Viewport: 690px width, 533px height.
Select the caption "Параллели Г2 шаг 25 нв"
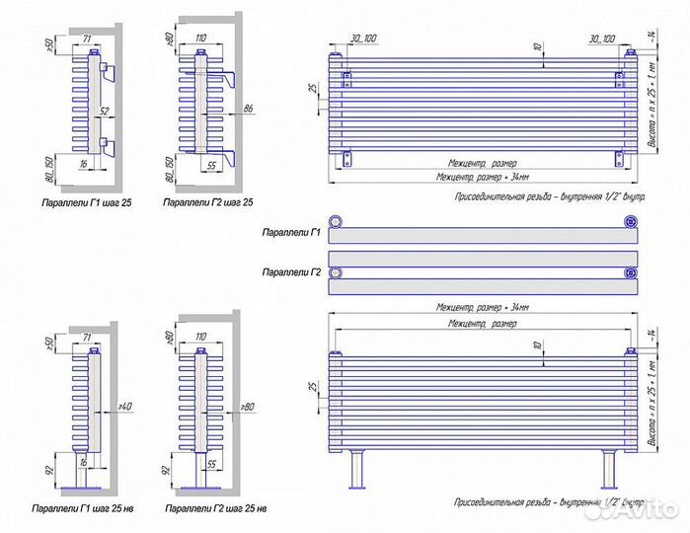(x=215, y=508)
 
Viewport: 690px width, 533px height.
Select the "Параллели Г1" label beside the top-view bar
(x=289, y=233)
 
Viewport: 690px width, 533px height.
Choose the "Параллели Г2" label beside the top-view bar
(x=289, y=271)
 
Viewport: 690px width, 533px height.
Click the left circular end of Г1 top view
(x=339, y=221)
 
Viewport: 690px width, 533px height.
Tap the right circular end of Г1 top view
(x=628, y=221)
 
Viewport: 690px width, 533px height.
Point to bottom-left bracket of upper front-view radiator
(x=347, y=158)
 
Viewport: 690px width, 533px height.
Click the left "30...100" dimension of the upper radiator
(x=363, y=38)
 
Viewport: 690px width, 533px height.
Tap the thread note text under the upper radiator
(x=550, y=197)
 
